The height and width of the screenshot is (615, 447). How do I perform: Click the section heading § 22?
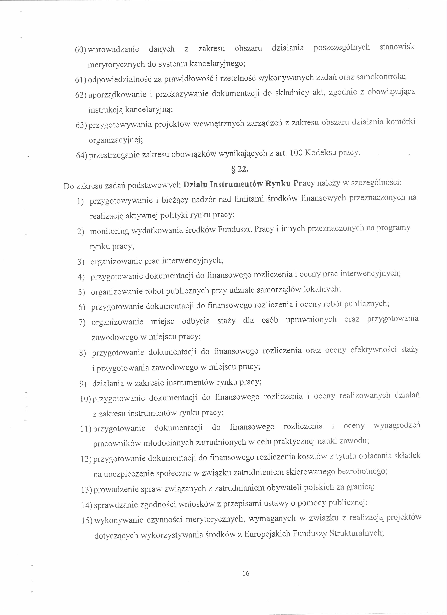tap(239, 169)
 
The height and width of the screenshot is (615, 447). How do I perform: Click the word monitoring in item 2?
tap(110, 231)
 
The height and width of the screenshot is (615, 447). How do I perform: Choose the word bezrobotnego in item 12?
tap(363, 472)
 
